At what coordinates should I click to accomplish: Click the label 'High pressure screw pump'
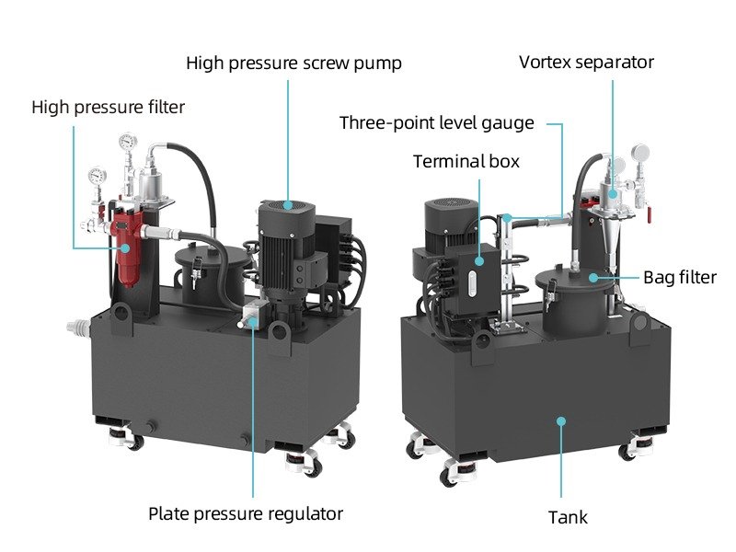[x=293, y=63]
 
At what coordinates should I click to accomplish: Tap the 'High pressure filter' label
[x=108, y=108]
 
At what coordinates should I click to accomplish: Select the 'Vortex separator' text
[x=586, y=63]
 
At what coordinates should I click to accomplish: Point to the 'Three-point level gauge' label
[x=437, y=123]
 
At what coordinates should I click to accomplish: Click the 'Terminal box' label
[x=466, y=162]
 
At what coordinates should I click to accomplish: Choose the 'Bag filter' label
[x=679, y=277]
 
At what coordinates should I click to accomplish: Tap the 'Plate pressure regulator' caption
[x=246, y=513]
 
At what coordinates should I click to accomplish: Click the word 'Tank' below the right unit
[x=568, y=518]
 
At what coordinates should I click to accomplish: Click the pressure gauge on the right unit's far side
[x=638, y=151]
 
